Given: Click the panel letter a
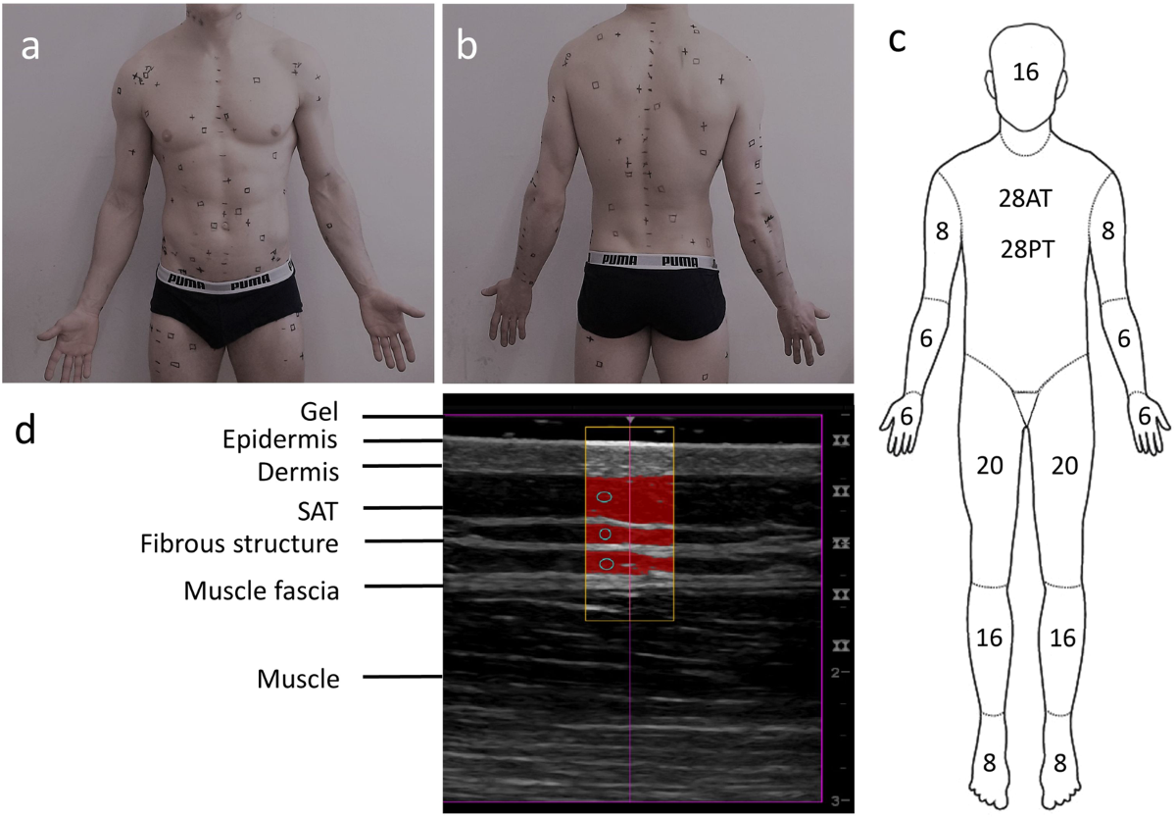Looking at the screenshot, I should (30, 46).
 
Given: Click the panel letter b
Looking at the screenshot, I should (467, 46).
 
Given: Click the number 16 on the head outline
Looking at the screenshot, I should (1025, 72).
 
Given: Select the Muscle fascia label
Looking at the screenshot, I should (261, 591).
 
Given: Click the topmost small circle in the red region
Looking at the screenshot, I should (605, 497).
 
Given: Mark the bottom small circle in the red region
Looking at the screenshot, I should (607, 564).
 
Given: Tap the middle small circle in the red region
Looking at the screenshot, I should (606, 534).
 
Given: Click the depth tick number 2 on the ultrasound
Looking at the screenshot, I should (833, 673).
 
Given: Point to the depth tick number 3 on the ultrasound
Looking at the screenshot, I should (833, 801).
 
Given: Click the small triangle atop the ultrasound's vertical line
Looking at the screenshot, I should (630, 421).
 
